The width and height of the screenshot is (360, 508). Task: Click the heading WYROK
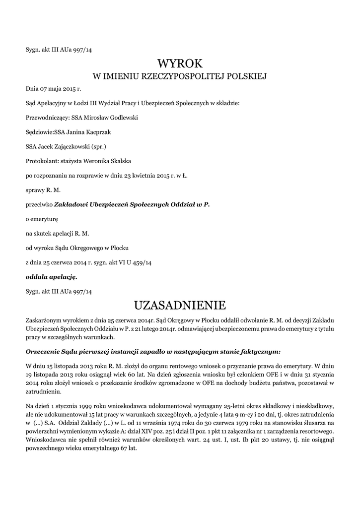coord(180,63)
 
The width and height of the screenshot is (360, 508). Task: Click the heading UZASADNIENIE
coord(180,304)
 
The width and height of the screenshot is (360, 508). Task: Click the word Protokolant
coord(41,161)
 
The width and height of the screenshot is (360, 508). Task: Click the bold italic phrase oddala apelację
coord(51,276)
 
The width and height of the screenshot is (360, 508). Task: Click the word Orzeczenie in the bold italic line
coord(43,351)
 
